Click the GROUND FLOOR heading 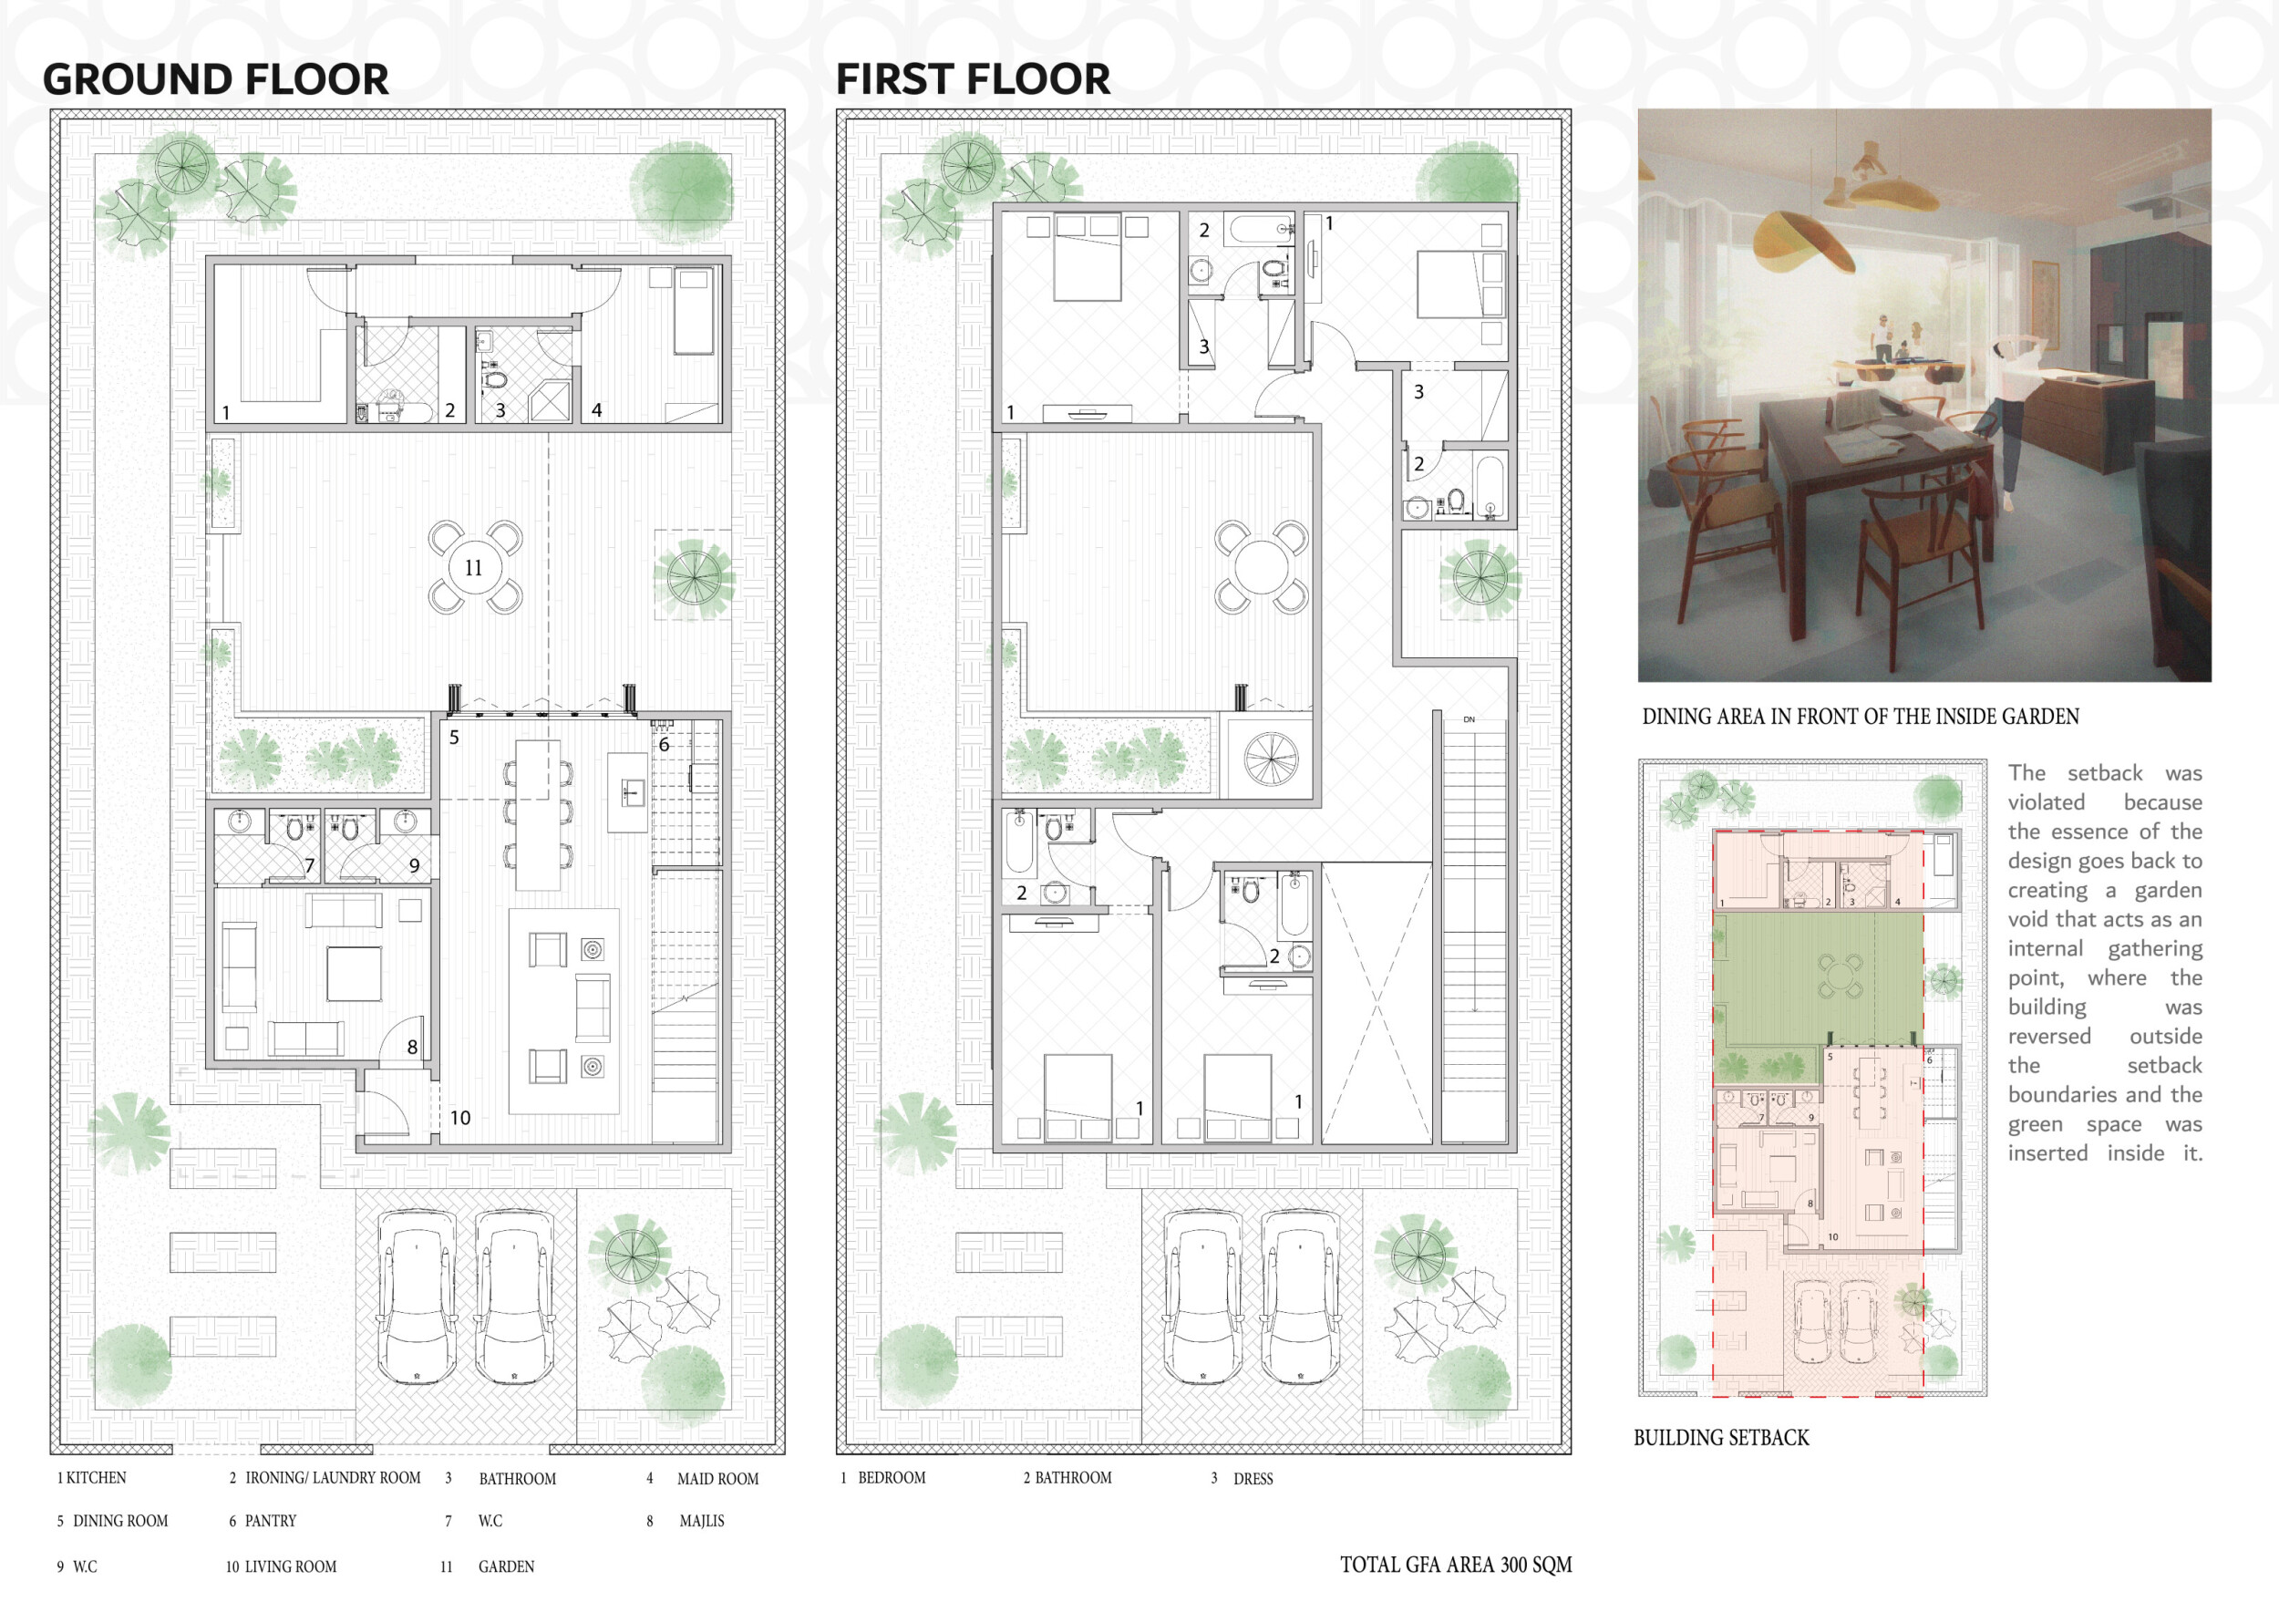215,79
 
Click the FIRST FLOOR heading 973,79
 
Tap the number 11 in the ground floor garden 473,568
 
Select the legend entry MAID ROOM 717,1479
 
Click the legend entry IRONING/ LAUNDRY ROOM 334,1478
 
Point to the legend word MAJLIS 702,1521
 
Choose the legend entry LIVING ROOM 291,1566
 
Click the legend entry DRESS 1253,1479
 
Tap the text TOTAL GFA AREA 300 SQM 1456,1565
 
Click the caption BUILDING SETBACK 1721,1437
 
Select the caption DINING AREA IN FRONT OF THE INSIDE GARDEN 1861,717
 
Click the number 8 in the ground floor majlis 412,1048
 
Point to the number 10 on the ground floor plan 460,1118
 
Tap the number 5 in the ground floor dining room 455,738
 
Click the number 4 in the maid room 596,410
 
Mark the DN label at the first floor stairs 1469,719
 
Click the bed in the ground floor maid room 694,310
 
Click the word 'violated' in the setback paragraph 2046,802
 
